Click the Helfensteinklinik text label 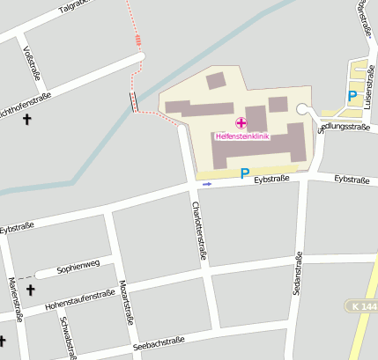coord(241,136)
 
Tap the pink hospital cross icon coord(241,122)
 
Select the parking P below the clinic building coord(245,174)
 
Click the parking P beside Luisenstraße coord(352,97)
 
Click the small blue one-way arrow coord(207,184)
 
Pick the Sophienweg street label coord(78,266)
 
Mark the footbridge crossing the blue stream coord(134,102)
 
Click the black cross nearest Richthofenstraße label coord(26,118)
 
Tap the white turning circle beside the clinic coord(303,109)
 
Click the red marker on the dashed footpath coord(138,39)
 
